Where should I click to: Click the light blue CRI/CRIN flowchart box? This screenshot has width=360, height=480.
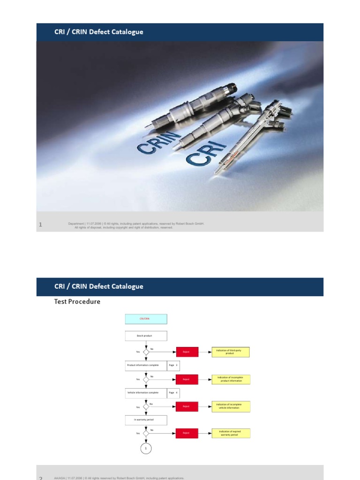146,319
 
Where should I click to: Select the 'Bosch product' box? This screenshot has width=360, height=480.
146,336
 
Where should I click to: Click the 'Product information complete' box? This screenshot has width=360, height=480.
146,365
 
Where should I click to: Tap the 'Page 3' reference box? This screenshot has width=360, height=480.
173,365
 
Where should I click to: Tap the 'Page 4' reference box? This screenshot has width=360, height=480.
173,393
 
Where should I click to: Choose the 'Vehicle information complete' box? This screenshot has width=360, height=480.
146,393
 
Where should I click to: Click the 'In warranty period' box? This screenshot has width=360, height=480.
146,420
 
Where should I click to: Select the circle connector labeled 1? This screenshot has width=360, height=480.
146,449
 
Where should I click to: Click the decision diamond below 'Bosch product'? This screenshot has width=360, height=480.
146,352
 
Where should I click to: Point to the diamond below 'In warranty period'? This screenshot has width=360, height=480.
146,434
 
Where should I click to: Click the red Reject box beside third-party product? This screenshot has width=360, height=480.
187,352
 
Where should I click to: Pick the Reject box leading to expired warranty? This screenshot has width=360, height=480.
187,434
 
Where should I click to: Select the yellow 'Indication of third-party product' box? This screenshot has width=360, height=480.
231,352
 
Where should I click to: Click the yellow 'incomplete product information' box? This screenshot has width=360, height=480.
231,379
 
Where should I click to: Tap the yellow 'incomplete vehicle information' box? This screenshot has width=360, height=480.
231,406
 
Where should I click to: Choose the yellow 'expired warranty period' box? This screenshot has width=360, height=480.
231,434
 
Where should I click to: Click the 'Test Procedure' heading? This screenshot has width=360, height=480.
77,302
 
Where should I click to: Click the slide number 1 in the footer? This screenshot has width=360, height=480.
40,225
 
